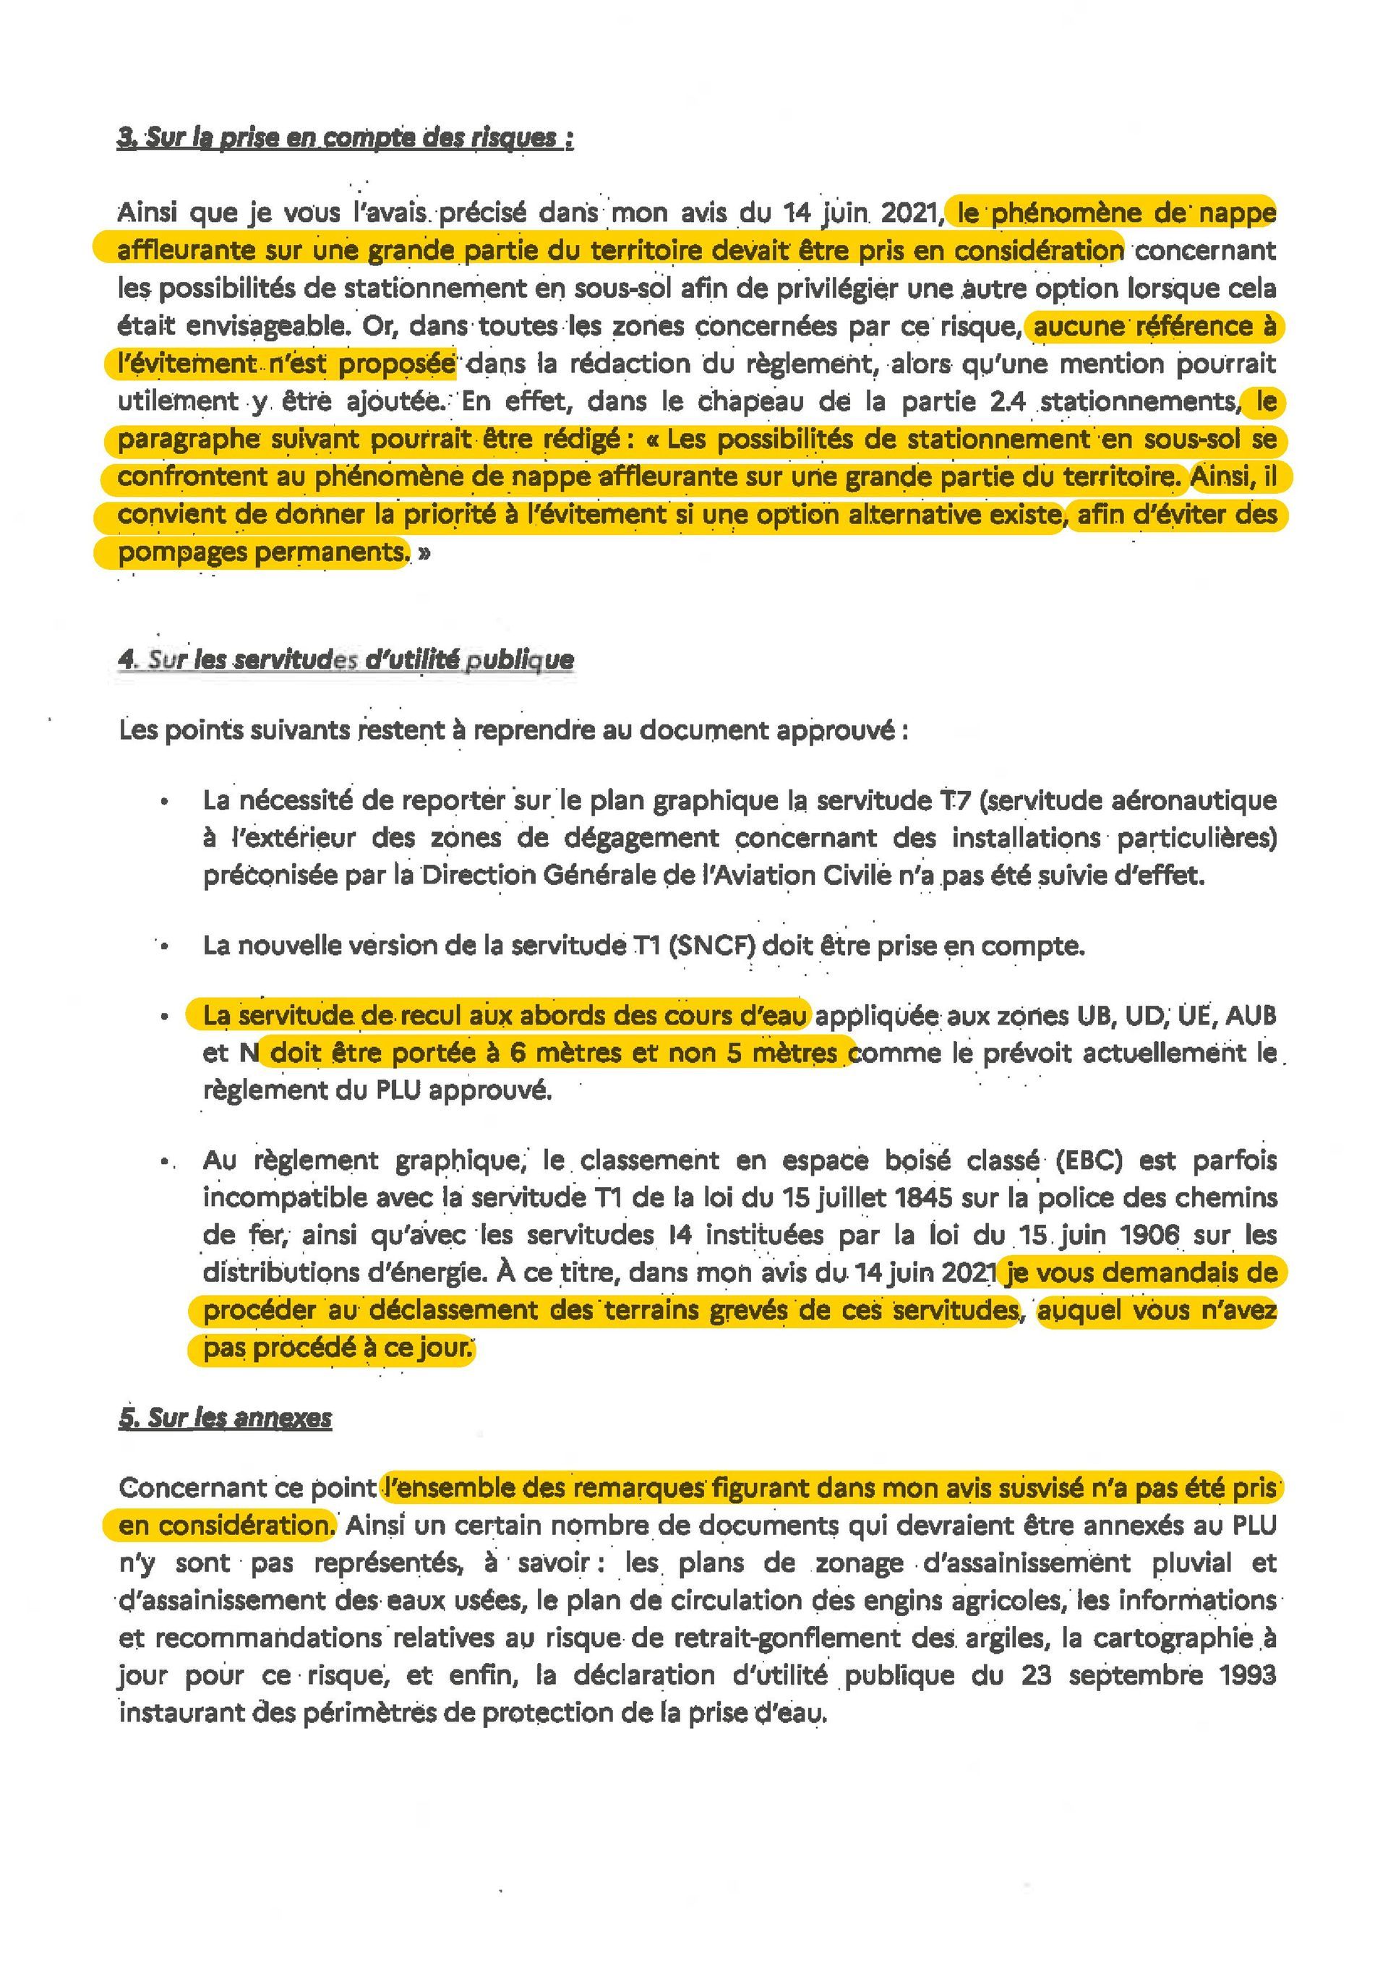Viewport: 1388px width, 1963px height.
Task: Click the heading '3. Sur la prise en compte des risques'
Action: [x=346, y=137]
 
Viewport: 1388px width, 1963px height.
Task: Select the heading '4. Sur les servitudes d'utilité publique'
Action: [x=346, y=659]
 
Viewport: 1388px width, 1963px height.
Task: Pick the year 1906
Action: [x=1144, y=1236]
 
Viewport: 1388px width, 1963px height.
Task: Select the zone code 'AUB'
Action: [x=1251, y=1016]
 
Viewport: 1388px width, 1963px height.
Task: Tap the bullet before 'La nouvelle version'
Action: [x=164, y=946]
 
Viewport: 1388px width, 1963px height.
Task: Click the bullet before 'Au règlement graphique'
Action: [x=164, y=1162]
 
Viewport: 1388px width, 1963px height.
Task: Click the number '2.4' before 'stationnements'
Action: [x=1008, y=401]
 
